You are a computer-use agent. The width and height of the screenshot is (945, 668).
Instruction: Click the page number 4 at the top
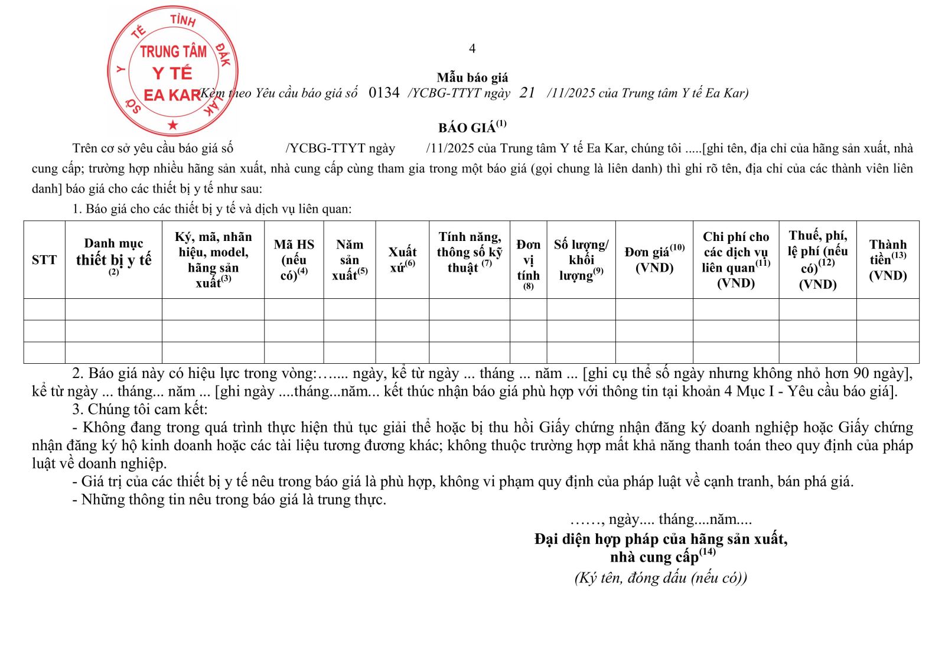point(472,48)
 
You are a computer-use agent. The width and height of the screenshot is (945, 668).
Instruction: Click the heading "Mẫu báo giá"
point(472,77)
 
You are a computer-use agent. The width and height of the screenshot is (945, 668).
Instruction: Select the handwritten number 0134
point(384,93)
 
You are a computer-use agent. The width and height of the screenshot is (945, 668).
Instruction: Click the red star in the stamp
point(172,125)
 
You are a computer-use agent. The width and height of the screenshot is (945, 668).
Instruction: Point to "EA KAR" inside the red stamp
point(172,95)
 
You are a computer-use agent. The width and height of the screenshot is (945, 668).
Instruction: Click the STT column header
point(44,260)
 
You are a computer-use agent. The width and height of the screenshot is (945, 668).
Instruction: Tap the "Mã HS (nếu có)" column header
point(294,260)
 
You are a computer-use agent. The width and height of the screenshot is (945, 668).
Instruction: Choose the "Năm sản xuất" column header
point(350,260)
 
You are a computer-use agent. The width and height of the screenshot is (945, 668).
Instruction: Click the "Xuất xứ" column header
point(402,259)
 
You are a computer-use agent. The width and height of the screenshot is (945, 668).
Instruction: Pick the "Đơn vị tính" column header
point(528,263)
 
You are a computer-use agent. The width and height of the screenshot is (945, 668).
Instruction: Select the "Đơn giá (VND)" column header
point(654,259)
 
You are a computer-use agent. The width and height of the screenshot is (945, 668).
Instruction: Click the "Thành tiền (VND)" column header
point(887,260)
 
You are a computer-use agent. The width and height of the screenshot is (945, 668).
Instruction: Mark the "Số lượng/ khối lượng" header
point(581,260)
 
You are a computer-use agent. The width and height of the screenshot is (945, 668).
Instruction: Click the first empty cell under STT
point(44,309)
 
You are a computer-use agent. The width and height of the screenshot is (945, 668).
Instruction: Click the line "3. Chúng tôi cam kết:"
point(140,409)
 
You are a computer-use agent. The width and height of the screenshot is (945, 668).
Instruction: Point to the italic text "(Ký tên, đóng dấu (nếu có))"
point(660,578)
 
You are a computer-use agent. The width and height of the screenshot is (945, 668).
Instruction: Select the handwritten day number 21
point(527,93)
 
